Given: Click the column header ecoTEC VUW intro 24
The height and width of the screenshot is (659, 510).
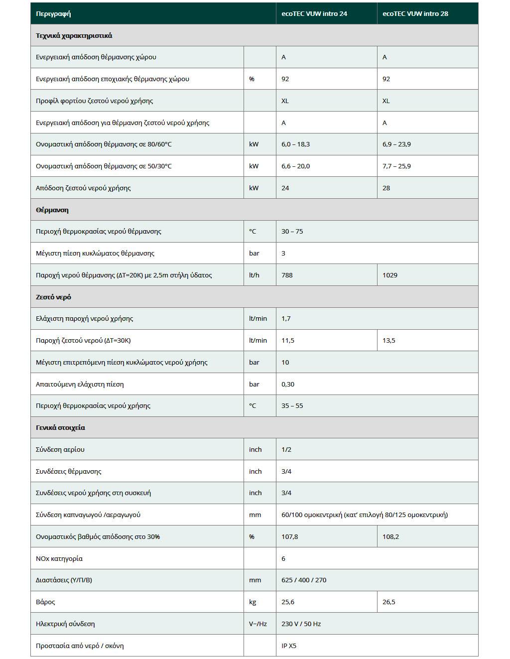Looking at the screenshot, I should [314, 13].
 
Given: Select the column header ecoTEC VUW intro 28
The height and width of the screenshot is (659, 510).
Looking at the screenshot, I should [415, 13].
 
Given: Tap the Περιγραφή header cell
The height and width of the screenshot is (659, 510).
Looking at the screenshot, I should [53, 13].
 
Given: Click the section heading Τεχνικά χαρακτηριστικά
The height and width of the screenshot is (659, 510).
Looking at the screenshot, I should [74, 35].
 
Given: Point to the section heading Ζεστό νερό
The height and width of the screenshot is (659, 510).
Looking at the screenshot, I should [53, 297].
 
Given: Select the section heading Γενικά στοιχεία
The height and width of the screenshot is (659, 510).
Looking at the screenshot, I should [60, 427].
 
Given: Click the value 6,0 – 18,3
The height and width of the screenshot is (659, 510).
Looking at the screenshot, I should [295, 144].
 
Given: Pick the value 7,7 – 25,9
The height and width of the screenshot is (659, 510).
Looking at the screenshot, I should [396, 166].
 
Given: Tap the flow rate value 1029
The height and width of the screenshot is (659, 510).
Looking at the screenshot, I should [390, 275].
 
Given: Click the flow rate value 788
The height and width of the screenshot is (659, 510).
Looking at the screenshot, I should [287, 275].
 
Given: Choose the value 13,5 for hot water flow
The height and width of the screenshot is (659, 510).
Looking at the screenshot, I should [389, 341].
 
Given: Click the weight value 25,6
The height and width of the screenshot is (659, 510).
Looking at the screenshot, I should [288, 602].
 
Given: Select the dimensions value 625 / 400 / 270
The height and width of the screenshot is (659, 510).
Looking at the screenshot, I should [304, 580].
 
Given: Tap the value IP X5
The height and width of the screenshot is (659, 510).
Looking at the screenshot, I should [289, 646].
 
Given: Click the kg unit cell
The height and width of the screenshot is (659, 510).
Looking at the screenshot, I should [253, 602].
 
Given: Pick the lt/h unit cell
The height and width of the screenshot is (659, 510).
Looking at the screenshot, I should [254, 275].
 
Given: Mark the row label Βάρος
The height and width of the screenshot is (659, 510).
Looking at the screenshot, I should [45, 602].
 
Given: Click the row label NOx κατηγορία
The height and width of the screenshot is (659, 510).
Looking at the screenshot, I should [59, 559].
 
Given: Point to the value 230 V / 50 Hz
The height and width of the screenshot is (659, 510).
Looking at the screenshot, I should [301, 624].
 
